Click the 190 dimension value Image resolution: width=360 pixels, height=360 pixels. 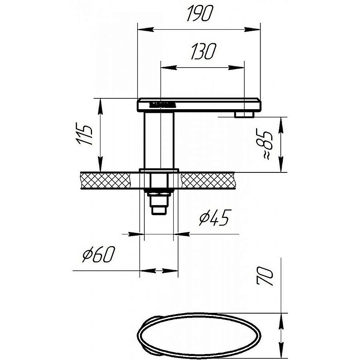coord(200,14)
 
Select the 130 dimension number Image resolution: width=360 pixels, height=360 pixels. coord(204,52)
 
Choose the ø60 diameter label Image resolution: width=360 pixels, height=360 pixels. coord(98,254)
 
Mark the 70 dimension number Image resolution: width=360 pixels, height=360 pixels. coord(265,276)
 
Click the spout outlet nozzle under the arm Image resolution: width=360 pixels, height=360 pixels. coord(244,114)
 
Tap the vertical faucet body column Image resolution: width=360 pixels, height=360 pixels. coord(159,140)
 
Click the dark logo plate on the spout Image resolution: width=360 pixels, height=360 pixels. coord(162,105)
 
